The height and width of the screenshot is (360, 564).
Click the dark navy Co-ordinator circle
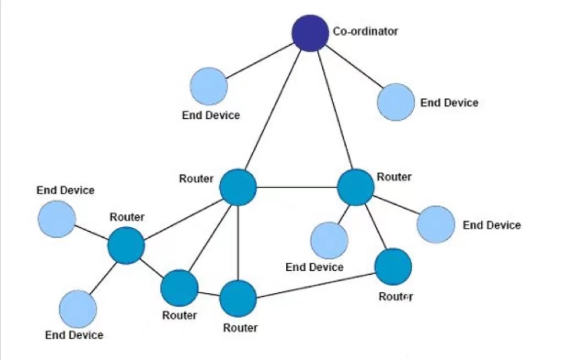click(x=310, y=33)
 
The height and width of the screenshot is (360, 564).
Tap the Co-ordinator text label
click(x=366, y=31)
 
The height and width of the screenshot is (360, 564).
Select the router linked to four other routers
click(x=238, y=187)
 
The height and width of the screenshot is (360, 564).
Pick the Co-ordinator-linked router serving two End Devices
click(x=356, y=187)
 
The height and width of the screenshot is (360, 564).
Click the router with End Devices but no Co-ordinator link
click(x=126, y=246)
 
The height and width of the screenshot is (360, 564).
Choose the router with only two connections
click(x=393, y=267)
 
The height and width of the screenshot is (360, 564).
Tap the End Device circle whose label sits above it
click(x=57, y=219)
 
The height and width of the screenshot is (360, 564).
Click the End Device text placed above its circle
click(x=66, y=190)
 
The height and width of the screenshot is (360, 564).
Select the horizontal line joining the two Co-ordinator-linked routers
click(x=297, y=187)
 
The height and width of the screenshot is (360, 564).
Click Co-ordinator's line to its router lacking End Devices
click(x=273, y=110)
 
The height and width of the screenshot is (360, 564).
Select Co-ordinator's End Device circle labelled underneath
click(x=209, y=86)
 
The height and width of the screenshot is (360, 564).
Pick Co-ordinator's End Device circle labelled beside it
click(x=395, y=102)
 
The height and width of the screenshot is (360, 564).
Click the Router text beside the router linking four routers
click(x=197, y=179)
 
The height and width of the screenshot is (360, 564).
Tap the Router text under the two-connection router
click(x=395, y=297)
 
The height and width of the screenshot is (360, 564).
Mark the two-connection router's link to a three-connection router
click(x=316, y=286)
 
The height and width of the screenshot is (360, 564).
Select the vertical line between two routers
click(x=238, y=243)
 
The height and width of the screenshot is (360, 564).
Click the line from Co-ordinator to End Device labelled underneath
click(x=260, y=61)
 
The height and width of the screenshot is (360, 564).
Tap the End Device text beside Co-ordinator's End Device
click(x=449, y=103)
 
